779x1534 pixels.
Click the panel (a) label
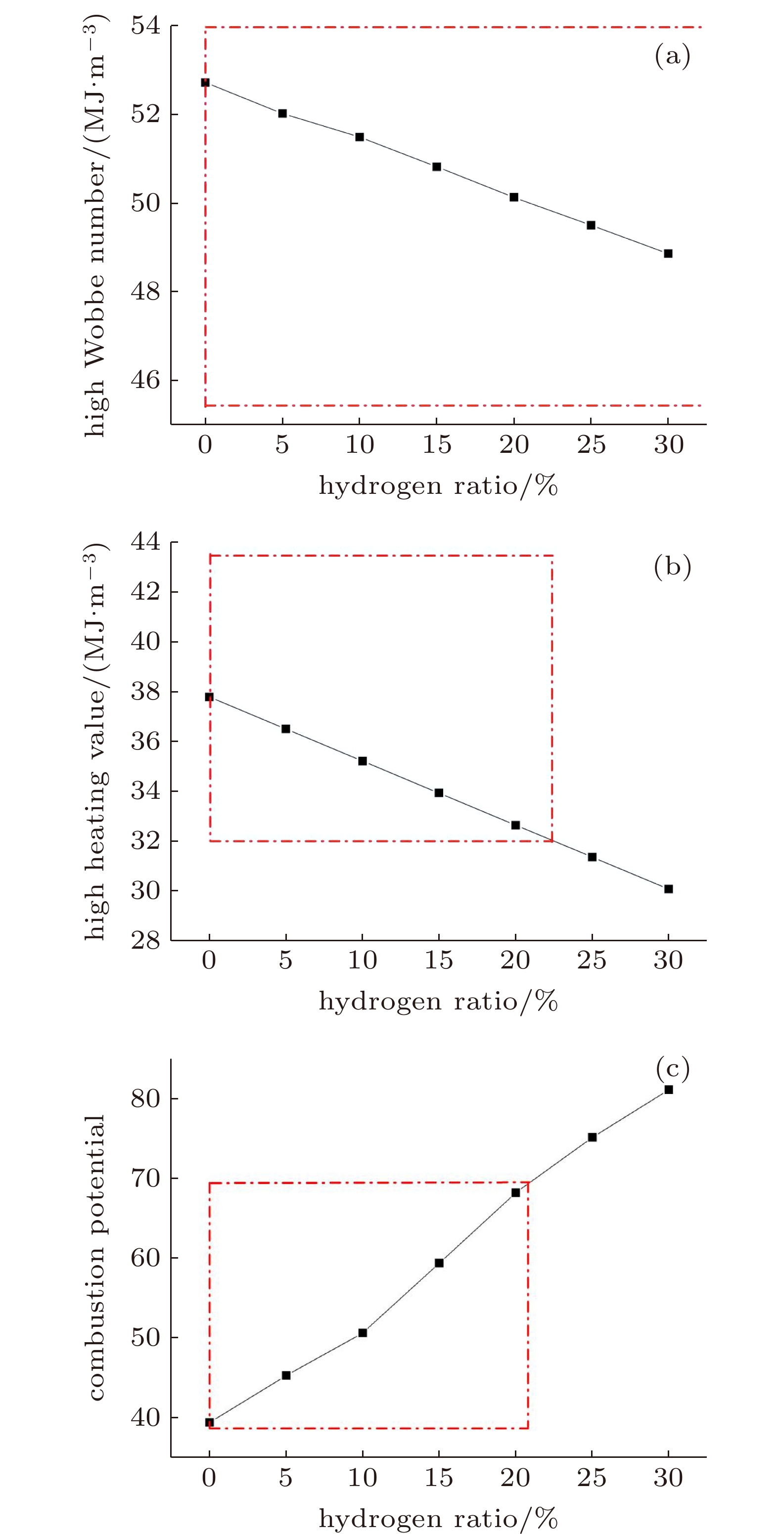point(672,56)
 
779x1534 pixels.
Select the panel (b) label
point(672,567)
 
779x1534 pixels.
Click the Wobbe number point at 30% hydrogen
point(668,254)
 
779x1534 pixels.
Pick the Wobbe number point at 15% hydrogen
point(437,167)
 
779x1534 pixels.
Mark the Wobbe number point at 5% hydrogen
point(282,113)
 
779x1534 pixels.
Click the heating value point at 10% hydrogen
point(362,761)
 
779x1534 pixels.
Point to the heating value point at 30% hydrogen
point(668,889)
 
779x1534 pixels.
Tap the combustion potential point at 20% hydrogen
point(516,1193)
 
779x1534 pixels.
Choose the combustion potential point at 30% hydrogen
point(668,1090)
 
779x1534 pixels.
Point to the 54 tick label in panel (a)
point(145,26)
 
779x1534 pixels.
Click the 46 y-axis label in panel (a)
point(145,380)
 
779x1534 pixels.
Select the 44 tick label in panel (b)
point(145,542)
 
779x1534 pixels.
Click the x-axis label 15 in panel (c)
point(438,1478)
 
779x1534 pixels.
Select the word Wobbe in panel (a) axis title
point(95,321)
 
